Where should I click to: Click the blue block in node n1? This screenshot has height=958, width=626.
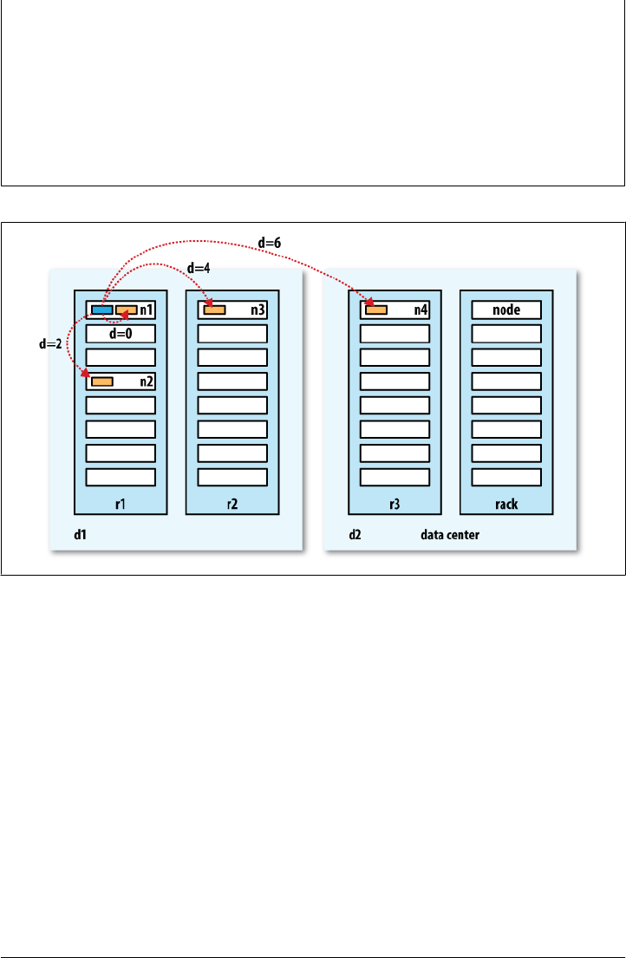pos(101,310)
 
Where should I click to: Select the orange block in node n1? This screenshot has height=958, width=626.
pos(127,310)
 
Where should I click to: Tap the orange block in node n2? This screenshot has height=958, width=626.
pos(102,381)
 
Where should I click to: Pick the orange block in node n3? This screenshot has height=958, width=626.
pos(214,310)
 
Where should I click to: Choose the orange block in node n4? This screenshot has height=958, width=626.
pos(376,310)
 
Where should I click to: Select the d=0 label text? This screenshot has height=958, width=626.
pos(120,333)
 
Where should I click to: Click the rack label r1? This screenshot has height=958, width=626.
pos(121,503)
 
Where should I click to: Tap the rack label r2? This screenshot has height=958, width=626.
pos(231,503)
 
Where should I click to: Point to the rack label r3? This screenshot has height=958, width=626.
pos(394,503)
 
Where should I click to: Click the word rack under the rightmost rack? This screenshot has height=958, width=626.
pos(506,503)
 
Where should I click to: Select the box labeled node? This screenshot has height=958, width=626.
pos(506,310)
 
